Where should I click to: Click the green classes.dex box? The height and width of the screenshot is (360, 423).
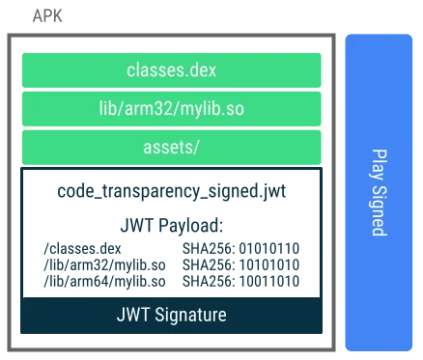(171, 69)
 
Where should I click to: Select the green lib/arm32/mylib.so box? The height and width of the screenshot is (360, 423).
(171, 108)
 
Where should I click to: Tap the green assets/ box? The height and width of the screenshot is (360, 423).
(171, 147)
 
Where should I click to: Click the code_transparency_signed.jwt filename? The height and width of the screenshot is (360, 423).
(171, 191)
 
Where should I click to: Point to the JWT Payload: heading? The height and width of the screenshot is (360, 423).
(171, 226)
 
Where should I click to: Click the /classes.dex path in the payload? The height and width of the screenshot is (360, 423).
(83, 249)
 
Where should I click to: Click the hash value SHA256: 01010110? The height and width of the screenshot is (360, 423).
(240, 249)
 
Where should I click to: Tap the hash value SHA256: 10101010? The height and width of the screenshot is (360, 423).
(240, 264)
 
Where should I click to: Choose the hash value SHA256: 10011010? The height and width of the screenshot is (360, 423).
(240, 280)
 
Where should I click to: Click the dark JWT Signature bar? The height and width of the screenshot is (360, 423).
(171, 315)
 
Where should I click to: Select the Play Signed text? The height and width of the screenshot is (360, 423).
(379, 193)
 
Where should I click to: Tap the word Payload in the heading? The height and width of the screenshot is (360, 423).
(190, 226)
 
